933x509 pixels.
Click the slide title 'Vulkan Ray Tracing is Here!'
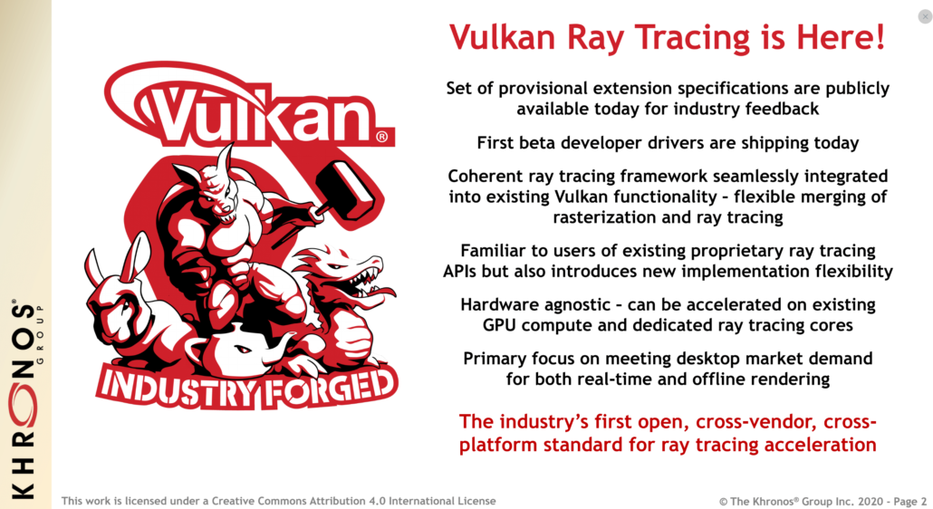pos(668,37)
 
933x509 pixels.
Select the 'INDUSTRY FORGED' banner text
pos(246,387)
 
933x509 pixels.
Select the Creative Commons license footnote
pos(278,500)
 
